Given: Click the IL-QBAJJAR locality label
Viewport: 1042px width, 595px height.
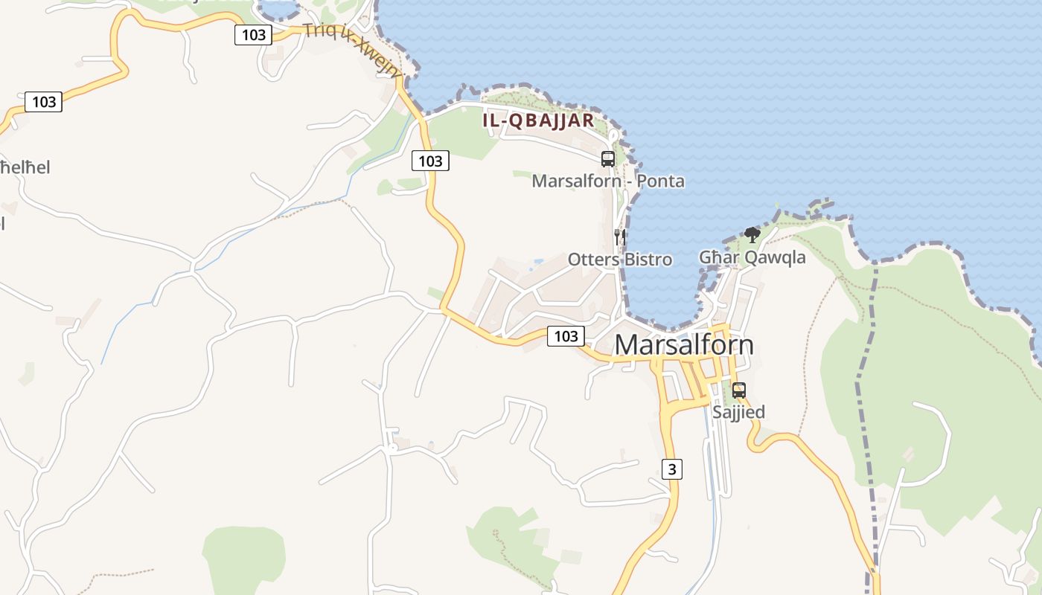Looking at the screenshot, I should point(538,120).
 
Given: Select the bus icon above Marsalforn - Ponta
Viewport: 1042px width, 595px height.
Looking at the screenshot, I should point(608,158).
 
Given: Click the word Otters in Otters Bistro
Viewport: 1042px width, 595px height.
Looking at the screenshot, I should point(594,260).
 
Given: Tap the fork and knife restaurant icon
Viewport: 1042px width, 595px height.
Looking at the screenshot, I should point(619,237).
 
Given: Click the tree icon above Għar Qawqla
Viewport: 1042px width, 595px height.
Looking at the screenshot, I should point(752,236).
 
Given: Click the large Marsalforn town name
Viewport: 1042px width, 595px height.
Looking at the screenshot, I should point(684,345).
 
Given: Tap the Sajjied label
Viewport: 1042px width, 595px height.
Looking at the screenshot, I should point(738,412).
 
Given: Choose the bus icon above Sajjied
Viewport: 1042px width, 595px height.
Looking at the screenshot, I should point(738,390).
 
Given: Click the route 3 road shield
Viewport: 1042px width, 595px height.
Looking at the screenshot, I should point(671,469).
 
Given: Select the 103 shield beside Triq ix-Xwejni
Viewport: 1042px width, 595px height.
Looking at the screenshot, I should point(254,34).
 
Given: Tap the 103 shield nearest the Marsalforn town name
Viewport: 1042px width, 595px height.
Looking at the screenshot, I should point(566,336).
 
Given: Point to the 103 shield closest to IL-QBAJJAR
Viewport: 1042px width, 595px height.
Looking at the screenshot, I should point(430,161).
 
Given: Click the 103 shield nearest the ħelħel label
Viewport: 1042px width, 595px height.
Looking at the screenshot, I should point(44,102).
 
